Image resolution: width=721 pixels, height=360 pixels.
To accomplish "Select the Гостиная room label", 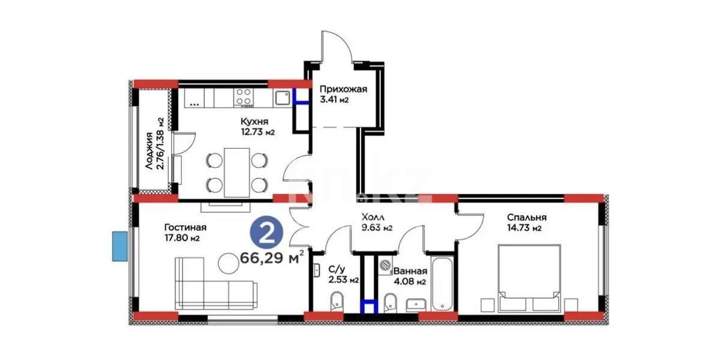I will pos(185,227).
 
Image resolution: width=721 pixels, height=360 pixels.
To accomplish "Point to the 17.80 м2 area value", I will pos(181,238).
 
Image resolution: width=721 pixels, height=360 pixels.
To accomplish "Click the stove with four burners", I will pos(243,97).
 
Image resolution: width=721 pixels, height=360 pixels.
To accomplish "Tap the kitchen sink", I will pos(282,97).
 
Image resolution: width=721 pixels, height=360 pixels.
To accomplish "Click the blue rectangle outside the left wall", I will pos(120,246).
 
